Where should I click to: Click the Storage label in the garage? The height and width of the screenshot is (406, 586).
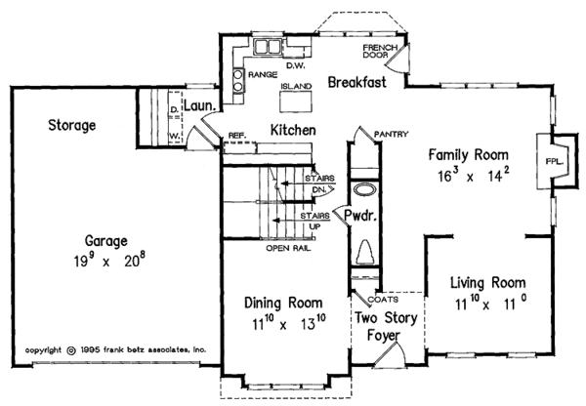tap(71, 125)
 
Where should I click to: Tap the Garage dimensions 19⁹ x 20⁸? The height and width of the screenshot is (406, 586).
tap(109, 260)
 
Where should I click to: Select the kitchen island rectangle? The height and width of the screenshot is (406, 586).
tap(296, 101)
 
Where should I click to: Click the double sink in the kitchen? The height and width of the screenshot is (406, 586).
tap(268, 47)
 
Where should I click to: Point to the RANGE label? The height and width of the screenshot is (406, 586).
tap(263, 75)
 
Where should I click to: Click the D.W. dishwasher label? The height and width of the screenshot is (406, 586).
tap(296, 65)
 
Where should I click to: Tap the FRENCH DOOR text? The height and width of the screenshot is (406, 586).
tap(380, 51)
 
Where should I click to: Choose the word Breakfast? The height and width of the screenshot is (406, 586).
tap(356, 82)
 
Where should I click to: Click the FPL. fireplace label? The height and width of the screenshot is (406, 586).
tap(554, 162)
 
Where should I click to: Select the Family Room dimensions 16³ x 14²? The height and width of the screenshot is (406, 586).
tap(473, 175)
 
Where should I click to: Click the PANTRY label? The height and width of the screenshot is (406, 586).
tap(391, 134)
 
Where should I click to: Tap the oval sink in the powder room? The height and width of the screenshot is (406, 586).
tap(363, 189)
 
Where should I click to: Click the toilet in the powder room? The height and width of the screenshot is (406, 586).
tap(364, 253)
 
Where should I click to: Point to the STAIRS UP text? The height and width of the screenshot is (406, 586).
tap(315, 222)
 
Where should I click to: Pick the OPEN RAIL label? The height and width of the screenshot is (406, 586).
tap(288, 248)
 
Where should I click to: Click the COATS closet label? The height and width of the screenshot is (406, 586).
tap(383, 300)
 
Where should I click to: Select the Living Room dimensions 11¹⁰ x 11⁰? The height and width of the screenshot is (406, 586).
tap(491, 304)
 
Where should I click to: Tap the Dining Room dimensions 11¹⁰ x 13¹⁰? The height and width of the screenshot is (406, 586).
tap(289, 323)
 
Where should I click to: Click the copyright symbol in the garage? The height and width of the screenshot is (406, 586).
tap(70, 350)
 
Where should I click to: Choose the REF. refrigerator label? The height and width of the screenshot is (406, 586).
tap(237, 136)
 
